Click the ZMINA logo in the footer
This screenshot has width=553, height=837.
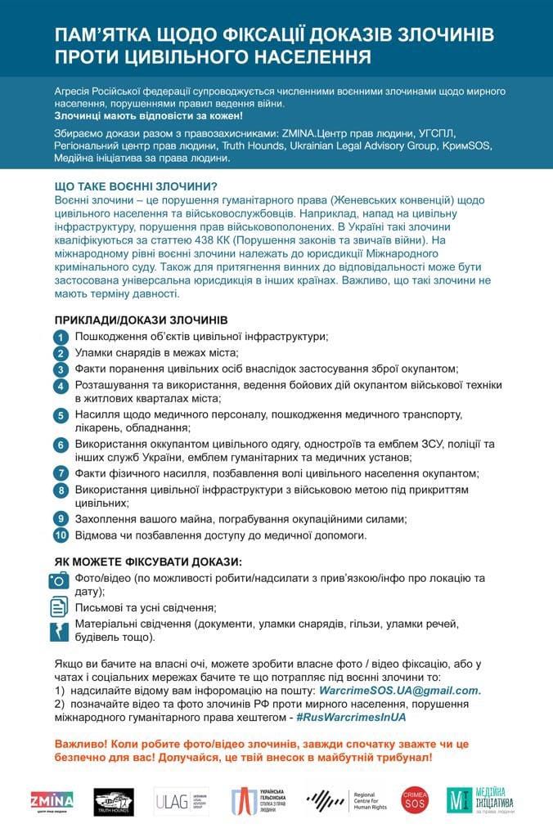point(52,799)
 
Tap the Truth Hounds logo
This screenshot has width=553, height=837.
point(114,800)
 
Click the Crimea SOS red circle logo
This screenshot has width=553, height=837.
point(415,799)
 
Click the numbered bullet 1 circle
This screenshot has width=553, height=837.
point(61,337)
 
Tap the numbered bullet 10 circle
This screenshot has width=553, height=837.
point(61,535)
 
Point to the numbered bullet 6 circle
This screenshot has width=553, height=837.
point(61,445)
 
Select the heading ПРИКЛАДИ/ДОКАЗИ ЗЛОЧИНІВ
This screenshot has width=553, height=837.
point(141,319)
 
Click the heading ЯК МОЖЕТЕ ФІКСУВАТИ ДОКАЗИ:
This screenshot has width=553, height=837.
point(148,562)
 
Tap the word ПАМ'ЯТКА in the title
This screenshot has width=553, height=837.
point(102,37)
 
